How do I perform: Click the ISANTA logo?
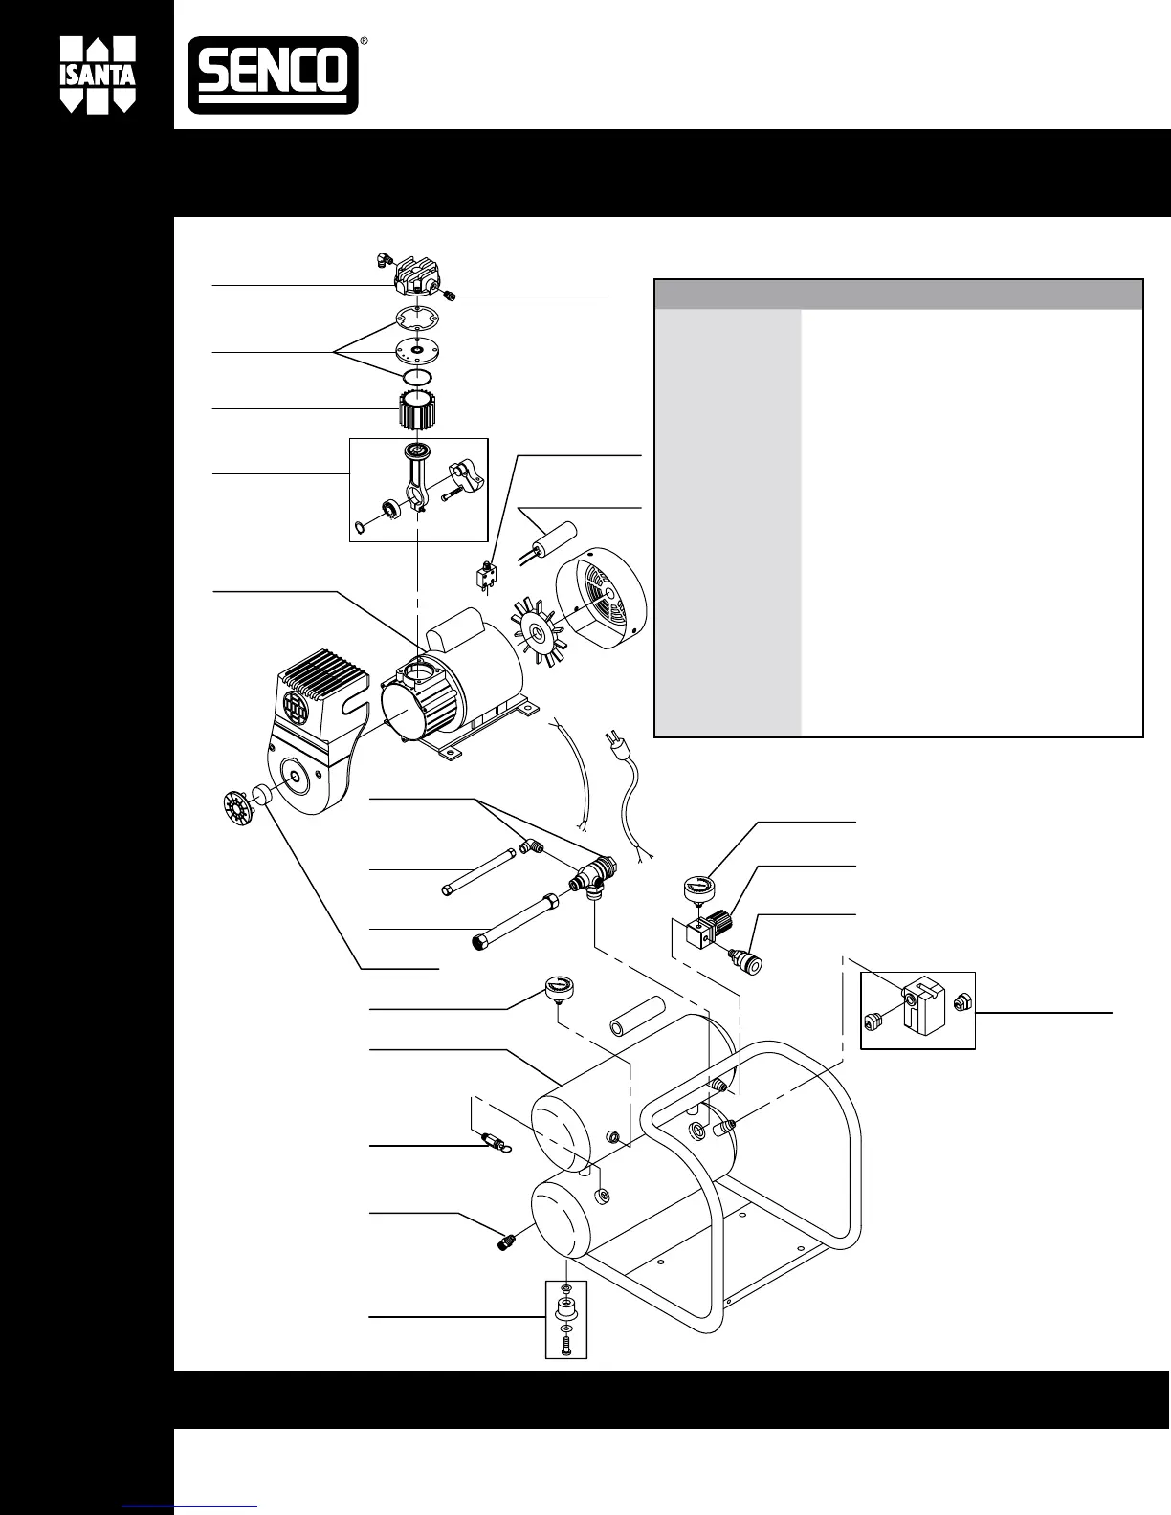pos(99,77)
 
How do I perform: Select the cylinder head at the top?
pos(415,278)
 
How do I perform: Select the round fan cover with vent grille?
pos(603,593)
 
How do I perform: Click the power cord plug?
pos(612,745)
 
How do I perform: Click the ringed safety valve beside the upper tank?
pos(494,1141)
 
